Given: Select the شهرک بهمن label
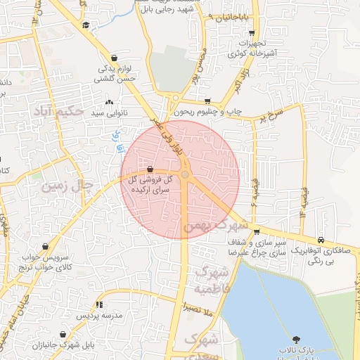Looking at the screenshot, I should (216, 226).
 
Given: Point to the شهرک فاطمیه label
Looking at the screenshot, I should (211, 280).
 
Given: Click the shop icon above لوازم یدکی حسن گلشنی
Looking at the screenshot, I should (114, 58).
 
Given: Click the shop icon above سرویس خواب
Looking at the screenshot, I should (46, 247).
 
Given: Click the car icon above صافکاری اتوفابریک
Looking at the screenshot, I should (321, 239).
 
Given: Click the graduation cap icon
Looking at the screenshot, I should (86, 25).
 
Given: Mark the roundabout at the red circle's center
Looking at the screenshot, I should (185, 174).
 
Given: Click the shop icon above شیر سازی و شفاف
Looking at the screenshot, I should (258, 231).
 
